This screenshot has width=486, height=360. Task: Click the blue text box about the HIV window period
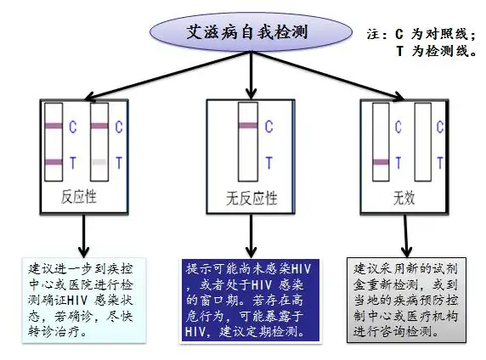pos(247,300)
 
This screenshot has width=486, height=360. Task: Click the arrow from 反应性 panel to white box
pos(82,233)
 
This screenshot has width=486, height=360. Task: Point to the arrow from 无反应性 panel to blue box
pos(246,233)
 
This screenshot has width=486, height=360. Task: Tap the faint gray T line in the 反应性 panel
pos(99,161)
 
